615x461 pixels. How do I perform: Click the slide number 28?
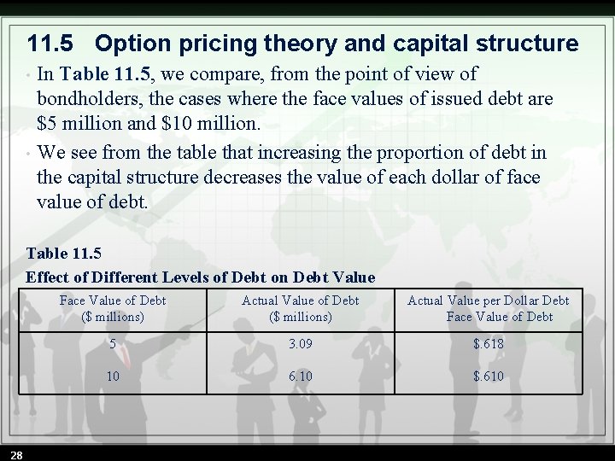coord(16,452)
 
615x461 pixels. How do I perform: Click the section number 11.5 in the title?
coord(55,44)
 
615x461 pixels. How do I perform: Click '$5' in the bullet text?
coord(47,124)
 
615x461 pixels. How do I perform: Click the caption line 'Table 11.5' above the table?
coord(63,253)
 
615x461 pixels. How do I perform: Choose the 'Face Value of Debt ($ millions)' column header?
coord(113,308)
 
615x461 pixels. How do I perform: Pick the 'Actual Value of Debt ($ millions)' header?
coord(300,308)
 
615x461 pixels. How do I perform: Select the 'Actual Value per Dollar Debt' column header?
coord(488,308)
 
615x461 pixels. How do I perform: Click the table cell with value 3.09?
coord(300,344)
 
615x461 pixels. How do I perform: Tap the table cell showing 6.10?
coord(300,376)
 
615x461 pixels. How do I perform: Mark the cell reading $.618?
coord(488,344)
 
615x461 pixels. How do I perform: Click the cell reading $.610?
coord(488,376)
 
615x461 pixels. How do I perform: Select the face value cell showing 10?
coord(113,376)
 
